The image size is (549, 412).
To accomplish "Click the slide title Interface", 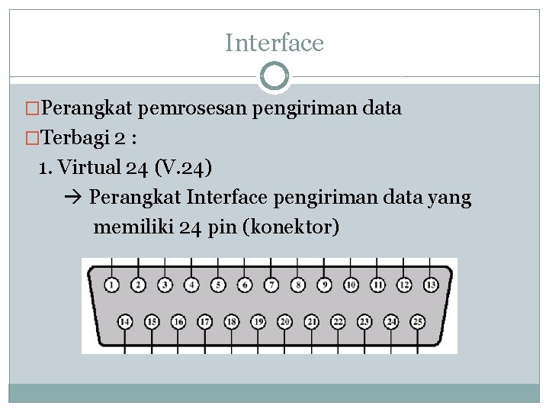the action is click(274, 43).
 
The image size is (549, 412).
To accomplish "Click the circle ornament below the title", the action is click(274, 76).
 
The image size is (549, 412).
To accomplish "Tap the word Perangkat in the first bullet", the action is click(88, 108).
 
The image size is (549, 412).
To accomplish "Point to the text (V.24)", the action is click(184, 166).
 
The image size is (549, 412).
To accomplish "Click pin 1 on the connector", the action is click(111, 285).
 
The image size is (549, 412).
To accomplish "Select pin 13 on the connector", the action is click(431, 285).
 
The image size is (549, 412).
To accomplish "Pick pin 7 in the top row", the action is click(271, 285).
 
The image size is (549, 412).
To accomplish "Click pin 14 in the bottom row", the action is click(125, 322).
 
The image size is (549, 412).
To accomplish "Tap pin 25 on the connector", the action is click(417, 322).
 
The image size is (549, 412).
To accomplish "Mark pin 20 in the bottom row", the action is click(284, 322).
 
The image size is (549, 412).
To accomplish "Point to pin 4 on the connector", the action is click(191, 285).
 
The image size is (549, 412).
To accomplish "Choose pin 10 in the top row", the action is click(351, 285).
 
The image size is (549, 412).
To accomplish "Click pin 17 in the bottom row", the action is click(204, 322).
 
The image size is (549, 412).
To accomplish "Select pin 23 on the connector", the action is click(364, 322).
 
